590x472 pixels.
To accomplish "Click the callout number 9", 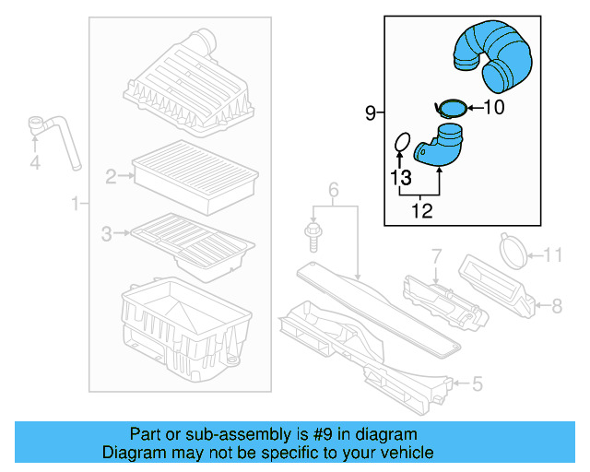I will [371, 113].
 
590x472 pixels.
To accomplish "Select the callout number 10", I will [494, 108].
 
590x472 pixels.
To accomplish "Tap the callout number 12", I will [421, 211].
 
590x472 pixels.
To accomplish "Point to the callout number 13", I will [400, 177].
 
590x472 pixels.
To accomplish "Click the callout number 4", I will [35, 163].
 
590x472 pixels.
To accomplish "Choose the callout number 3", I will [106, 235].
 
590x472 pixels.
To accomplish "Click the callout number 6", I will [334, 191].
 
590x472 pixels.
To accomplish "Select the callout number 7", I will [437, 254].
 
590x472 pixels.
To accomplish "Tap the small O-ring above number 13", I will [401, 142].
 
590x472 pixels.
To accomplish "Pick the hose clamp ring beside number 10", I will [451, 109].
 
